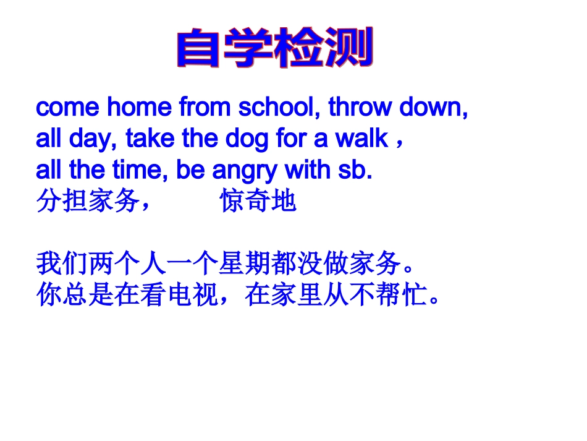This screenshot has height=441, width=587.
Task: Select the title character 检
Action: (x=300, y=48)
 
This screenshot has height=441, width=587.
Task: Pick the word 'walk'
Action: (x=361, y=139)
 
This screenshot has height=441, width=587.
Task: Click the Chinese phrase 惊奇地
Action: (x=258, y=202)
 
